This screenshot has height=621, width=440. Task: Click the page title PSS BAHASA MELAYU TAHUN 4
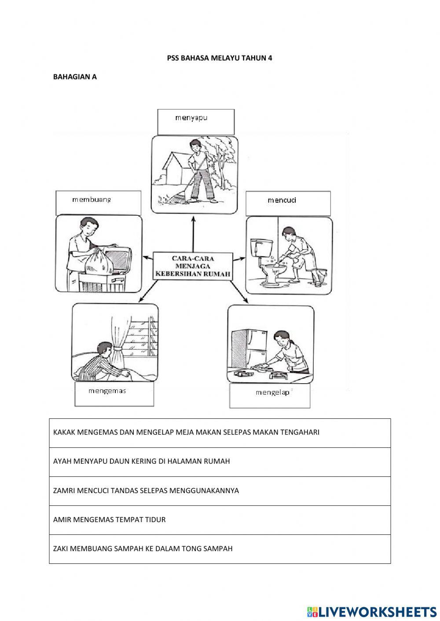(220, 58)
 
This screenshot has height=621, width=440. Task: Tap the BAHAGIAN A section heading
(75, 77)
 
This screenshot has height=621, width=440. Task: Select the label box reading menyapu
(196, 122)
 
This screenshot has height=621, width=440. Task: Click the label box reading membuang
(98, 203)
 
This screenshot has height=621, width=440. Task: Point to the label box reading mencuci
(288, 203)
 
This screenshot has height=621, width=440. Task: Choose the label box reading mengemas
(114, 394)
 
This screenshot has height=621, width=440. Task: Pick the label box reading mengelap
(270, 396)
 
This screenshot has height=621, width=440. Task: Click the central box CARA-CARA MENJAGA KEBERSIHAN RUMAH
(193, 266)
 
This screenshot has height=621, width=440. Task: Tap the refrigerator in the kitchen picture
(249, 347)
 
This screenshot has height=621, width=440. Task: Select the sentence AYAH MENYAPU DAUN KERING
(141, 461)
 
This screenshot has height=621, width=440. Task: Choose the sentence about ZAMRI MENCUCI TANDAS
(146, 490)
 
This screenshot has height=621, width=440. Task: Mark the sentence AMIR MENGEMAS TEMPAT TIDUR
(110, 519)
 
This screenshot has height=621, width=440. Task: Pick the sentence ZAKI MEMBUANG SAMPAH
(143, 548)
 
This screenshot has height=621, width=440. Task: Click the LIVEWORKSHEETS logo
(372, 611)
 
